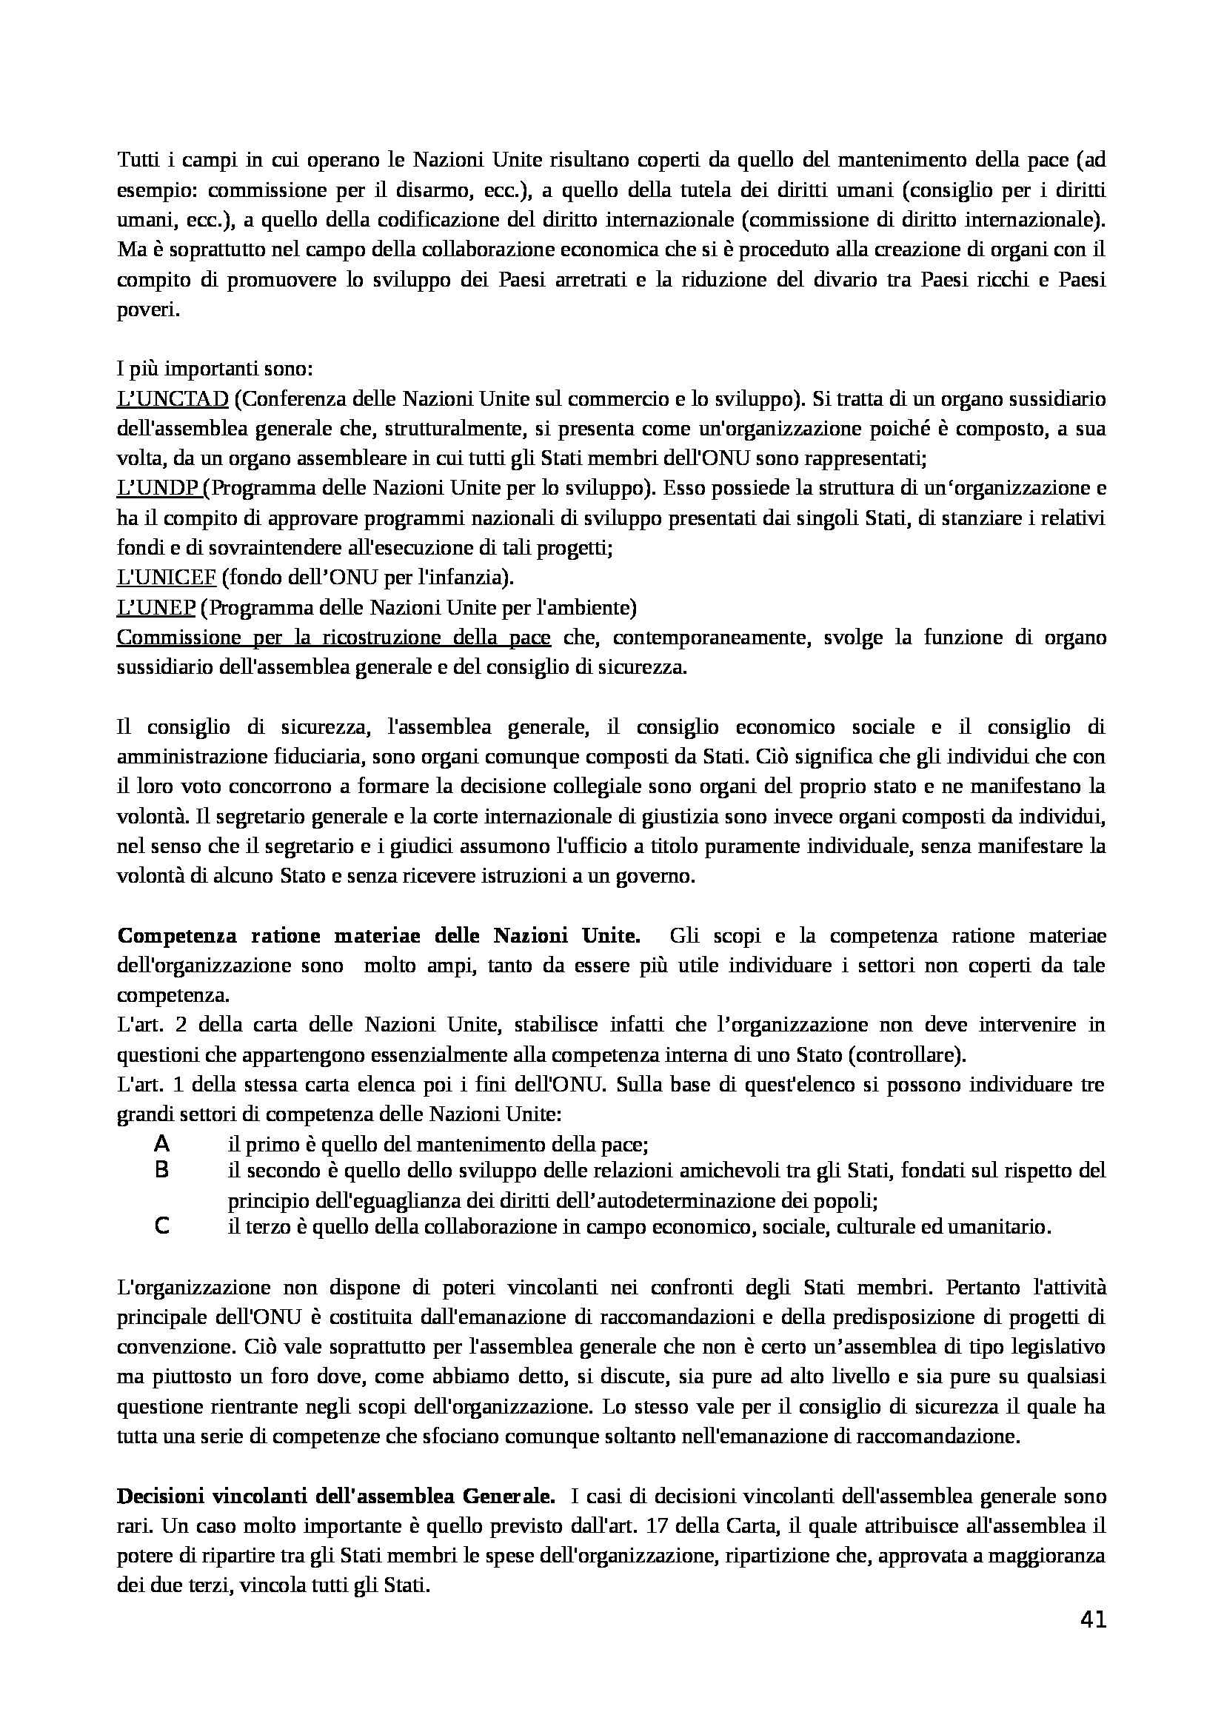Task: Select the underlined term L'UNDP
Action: [158, 488]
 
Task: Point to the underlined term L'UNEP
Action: [156, 607]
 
